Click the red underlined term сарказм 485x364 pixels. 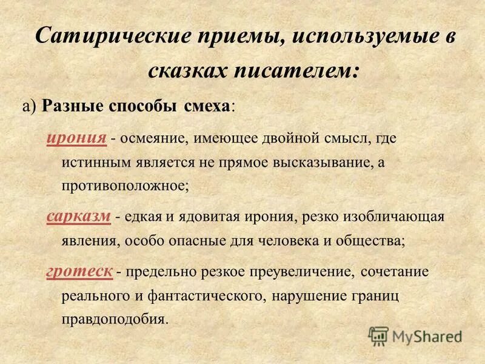(x=78, y=217)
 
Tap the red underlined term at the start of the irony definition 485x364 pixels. (x=77, y=138)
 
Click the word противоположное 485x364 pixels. (x=125, y=185)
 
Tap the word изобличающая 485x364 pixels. (x=396, y=217)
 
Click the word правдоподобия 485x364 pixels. (x=113, y=318)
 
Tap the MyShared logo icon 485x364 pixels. (x=378, y=336)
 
